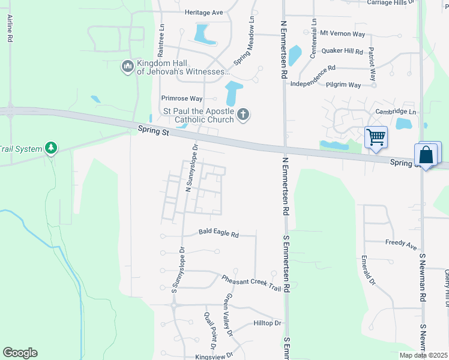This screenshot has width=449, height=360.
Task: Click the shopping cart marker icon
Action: click(x=376, y=137)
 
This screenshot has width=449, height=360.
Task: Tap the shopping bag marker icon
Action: click(x=426, y=155)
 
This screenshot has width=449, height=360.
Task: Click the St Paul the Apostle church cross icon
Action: click(x=243, y=114)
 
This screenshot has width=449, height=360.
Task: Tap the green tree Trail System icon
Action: click(x=51, y=148)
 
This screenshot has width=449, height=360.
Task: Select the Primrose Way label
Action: click(x=181, y=98)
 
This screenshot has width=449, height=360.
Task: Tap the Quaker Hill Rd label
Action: click(x=342, y=52)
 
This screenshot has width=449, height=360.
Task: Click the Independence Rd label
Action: click(x=312, y=68)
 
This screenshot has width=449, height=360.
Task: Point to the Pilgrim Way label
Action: click(x=343, y=85)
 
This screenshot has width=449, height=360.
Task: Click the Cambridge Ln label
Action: click(x=396, y=112)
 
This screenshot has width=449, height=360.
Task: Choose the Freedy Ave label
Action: click(x=402, y=245)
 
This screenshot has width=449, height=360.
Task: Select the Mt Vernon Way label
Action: click(x=342, y=33)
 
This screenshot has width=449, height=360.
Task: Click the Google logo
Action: click(x=20, y=353)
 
